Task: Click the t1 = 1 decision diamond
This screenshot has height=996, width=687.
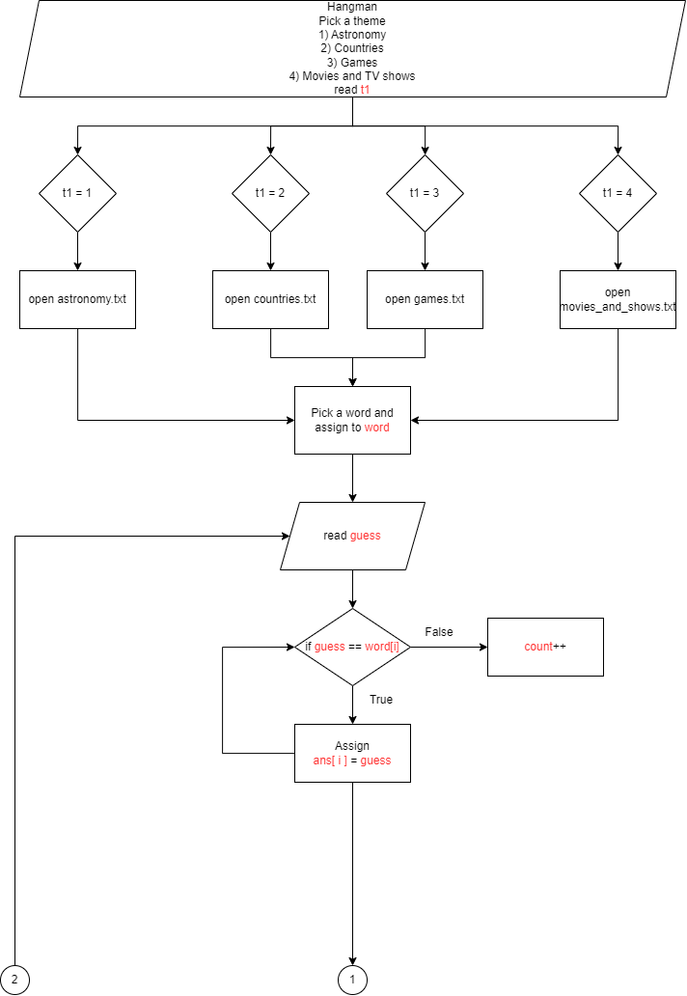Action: [x=77, y=193]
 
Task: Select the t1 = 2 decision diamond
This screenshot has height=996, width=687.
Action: [x=270, y=193]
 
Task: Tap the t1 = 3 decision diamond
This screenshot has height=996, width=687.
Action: [x=425, y=193]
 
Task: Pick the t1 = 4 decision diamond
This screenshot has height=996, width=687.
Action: [x=618, y=193]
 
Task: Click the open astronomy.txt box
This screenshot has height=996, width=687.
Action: [x=77, y=299]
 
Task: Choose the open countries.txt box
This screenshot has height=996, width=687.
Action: [x=270, y=299]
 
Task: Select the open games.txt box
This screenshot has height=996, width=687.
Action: [x=425, y=299]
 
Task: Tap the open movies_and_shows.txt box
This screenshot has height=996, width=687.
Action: [x=618, y=299]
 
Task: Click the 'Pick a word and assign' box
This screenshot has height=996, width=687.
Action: [x=352, y=420]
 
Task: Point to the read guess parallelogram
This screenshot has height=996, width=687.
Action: [x=352, y=536]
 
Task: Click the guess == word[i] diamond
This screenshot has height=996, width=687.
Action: [x=352, y=647]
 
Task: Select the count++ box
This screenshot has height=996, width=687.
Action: [x=545, y=647]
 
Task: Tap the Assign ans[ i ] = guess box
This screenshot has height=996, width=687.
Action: [x=352, y=753]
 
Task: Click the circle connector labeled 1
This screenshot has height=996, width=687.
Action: [x=352, y=981]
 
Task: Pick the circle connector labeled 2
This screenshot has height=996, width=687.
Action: [x=15, y=981]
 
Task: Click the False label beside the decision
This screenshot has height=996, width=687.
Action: [x=439, y=632]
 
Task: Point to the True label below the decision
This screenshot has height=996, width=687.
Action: [x=381, y=700]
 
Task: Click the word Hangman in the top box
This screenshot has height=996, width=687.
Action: [x=352, y=7]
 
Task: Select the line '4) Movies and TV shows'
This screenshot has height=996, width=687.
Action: [x=352, y=76]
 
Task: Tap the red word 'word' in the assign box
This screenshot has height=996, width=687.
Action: [x=377, y=428]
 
